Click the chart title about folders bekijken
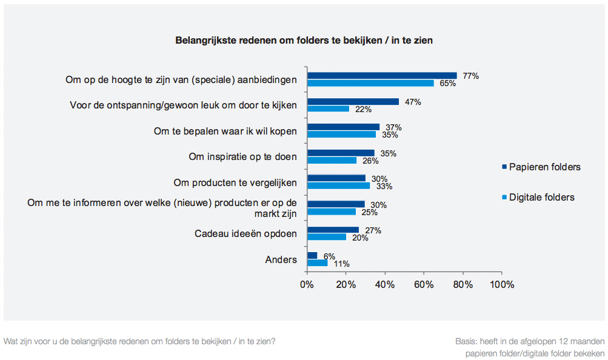304,41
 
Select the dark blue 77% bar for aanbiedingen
382,76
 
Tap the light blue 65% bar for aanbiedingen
370,83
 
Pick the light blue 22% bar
328,108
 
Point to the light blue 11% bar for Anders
318,262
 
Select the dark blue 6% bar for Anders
312,255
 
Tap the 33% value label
384,186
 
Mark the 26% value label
370,161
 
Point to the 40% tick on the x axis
385,284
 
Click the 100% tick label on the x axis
502,284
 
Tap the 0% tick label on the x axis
307,284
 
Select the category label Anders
281,259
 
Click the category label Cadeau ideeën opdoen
246,233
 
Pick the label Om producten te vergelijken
235,182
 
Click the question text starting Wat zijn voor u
139,341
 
